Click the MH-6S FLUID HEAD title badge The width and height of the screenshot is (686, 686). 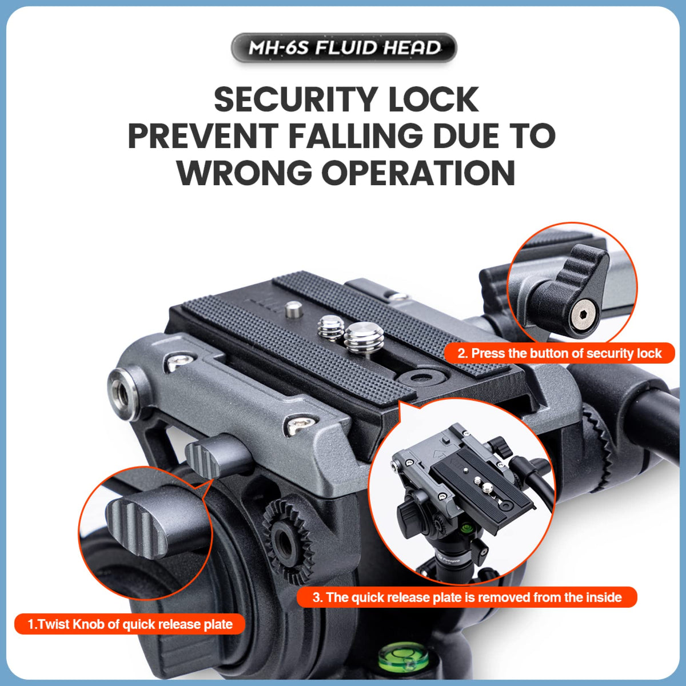(x=344, y=47)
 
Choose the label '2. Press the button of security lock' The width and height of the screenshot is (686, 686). (x=559, y=353)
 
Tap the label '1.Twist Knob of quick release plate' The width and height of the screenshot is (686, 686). (x=130, y=624)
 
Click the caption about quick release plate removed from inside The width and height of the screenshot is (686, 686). (x=467, y=597)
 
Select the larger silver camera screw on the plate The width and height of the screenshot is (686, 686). (x=364, y=337)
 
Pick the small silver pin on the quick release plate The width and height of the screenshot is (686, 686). (x=294, y=309)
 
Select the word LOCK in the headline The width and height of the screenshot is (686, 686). (x=433, y=99)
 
